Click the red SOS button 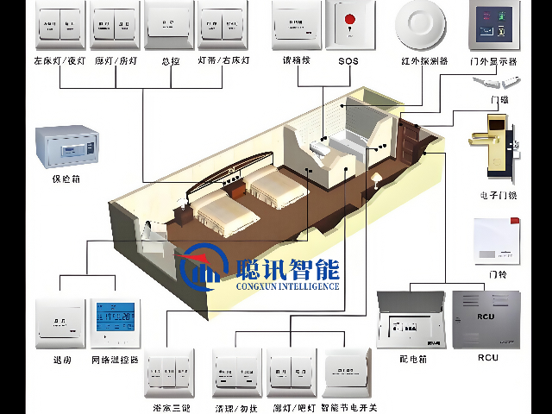[349, 19]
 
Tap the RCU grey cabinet [486, 318]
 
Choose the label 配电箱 [412, 357]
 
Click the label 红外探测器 [423, 62]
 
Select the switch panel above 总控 [169, 23]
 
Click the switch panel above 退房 [60, 323]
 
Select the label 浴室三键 [168, 405]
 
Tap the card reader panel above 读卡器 [298, 24]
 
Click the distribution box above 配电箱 [412, 319]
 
